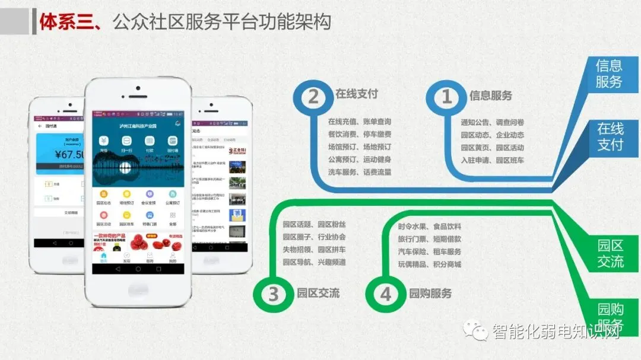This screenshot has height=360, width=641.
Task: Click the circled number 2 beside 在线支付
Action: tap(313, 97)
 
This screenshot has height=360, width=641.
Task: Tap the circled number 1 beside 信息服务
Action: tap(447, 97)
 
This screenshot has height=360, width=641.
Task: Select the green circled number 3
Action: tap(273, 294)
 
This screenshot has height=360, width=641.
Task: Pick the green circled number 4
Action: tap(386, 294)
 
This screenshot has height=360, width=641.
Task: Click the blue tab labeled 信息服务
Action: tap(609, 74)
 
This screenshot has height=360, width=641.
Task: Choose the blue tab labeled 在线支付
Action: tap(610, 136)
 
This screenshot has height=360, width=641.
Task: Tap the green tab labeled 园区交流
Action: tap(610, 254)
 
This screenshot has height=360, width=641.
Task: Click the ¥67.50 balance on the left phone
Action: tap(70, 155)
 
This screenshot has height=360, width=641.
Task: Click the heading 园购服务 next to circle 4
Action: tap(430, 294)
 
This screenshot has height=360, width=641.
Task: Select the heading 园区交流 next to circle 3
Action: tap(318, 294)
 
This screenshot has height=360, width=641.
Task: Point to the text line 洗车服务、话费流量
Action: tap(359, 172)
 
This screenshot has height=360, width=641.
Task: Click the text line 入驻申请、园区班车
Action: tap(492, 160)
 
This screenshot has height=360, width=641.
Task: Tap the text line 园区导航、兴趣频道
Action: tap(314, 262)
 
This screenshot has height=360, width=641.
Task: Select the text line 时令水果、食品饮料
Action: tap(429, 227)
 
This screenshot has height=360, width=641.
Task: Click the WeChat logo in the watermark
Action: tap(477, 330)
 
